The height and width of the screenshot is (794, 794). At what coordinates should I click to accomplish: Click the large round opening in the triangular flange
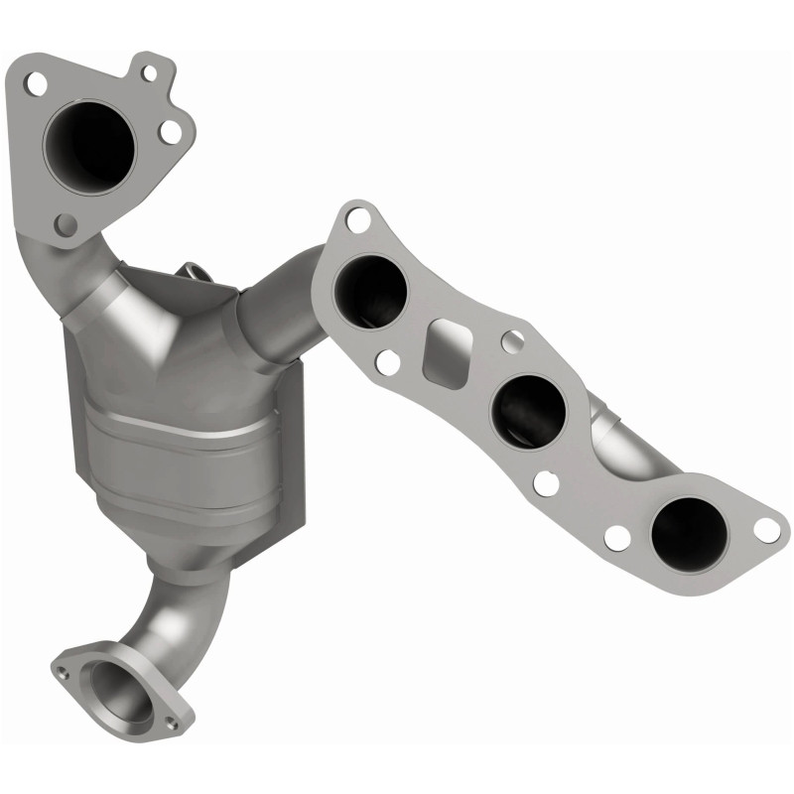pos(88,144)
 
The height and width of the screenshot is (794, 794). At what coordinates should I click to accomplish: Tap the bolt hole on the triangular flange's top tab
pos(148,71)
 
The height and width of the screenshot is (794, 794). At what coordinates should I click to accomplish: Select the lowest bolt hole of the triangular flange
pos(66,224)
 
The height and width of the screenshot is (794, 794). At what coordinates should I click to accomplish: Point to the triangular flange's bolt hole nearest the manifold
pos(171,131)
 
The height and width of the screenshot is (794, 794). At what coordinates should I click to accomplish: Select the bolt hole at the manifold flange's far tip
pos(766,529)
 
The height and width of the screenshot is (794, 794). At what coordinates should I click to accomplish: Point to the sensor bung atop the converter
pos(197,272)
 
